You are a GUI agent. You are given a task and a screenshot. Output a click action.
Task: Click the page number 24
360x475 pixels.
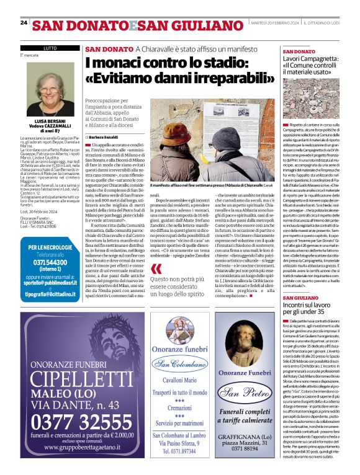click(24, 23)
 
